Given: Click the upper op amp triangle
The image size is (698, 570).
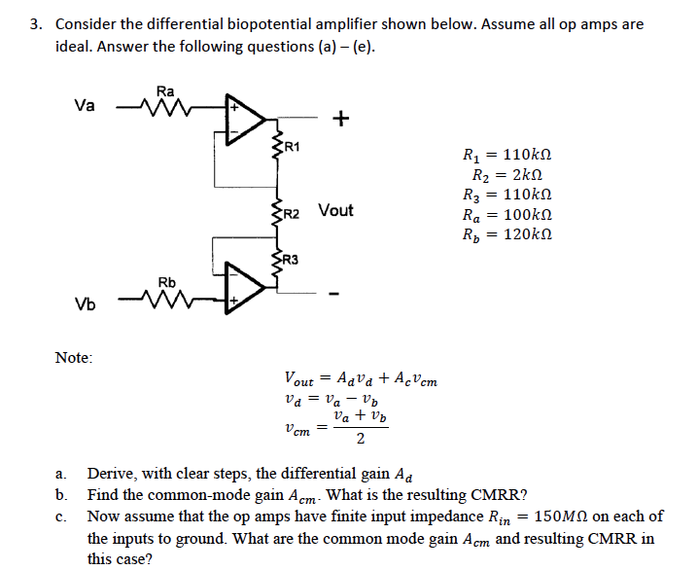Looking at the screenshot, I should pos(244,119).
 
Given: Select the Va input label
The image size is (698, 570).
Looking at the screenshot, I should pos(85,105).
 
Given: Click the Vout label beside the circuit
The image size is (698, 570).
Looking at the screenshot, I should pos(335,210).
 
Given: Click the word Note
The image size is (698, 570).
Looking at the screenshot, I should pos(73,358).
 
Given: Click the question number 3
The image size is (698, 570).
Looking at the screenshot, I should pos(35,24).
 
